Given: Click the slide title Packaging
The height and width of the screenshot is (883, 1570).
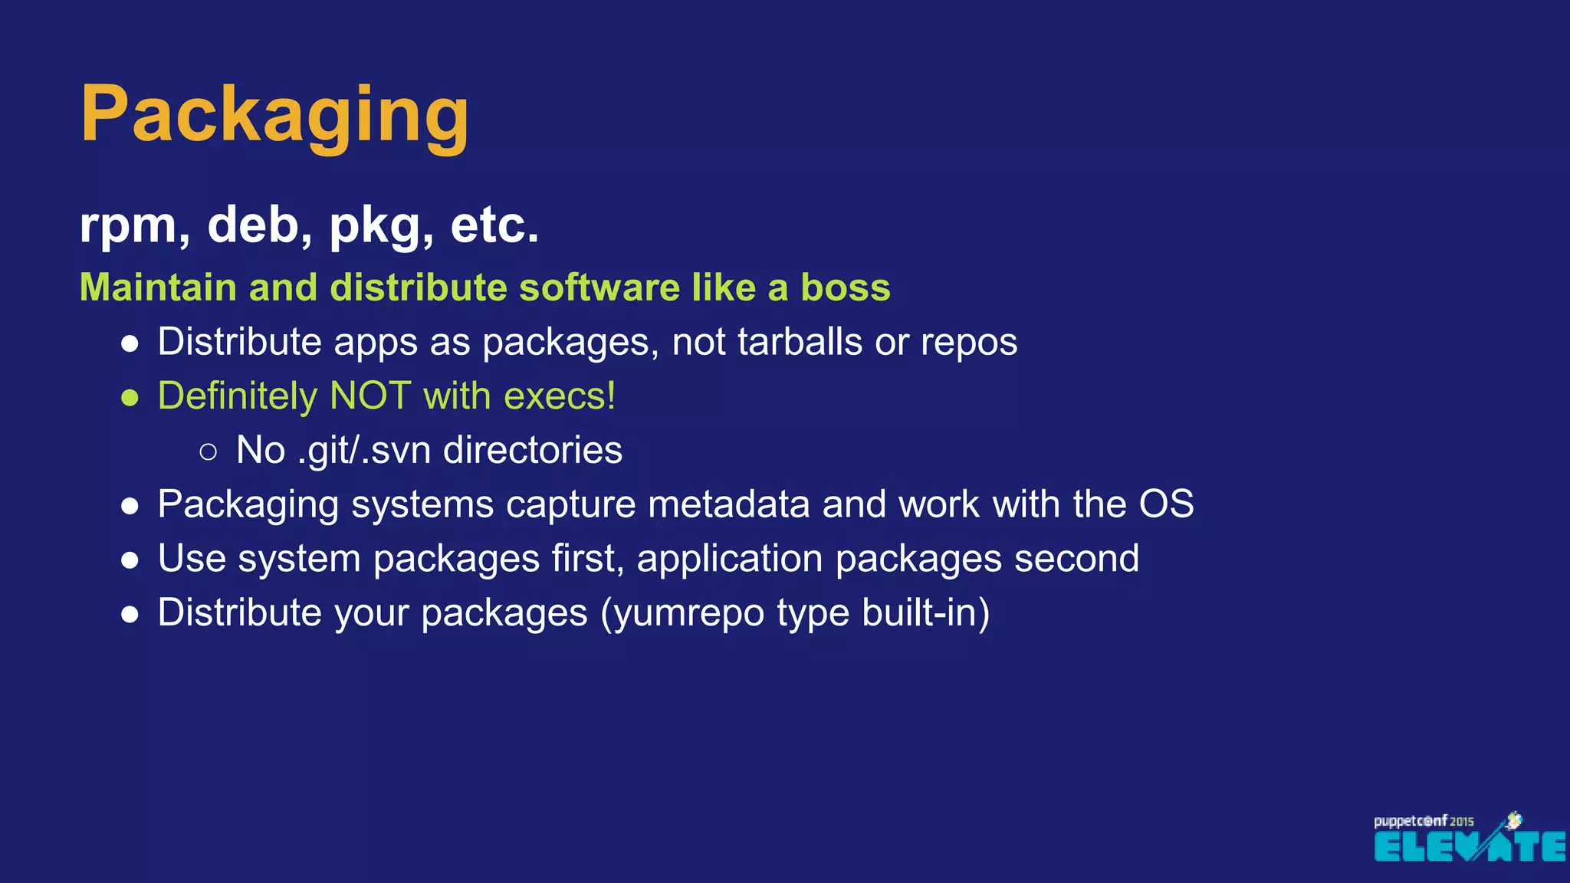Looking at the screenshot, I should point(274,115).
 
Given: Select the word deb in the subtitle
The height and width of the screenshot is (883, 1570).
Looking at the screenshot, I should point(259,225).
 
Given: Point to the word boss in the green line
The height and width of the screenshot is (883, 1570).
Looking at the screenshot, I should point(845,287).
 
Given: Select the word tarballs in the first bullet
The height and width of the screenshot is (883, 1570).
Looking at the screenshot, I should point(800,342).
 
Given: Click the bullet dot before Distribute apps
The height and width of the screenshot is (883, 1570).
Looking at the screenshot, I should point(130,344).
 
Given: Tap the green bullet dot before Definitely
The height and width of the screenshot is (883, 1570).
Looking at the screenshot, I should point(130,399).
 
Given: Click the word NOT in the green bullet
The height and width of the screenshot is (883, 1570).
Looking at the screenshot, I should point(370,396).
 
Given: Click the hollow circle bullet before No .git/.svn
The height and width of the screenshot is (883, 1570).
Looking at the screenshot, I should point(208,452).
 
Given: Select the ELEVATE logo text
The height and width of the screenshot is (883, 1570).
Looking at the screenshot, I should point(1469,846).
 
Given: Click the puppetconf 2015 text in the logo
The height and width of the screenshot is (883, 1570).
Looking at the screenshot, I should point(1423,821).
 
